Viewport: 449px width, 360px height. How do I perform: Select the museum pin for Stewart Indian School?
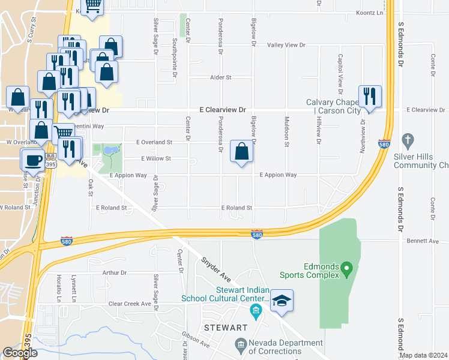click(256, 310)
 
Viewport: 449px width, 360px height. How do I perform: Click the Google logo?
click(20, 353)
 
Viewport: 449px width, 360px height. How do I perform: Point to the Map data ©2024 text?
click(423, 355)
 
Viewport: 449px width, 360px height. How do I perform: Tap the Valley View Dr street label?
click(286, 46)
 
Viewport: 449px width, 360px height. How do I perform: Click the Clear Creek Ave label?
click(129, 304)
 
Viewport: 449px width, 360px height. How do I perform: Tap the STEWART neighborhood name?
click(226, 328)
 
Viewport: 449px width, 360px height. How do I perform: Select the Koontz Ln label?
click(369, 13)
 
